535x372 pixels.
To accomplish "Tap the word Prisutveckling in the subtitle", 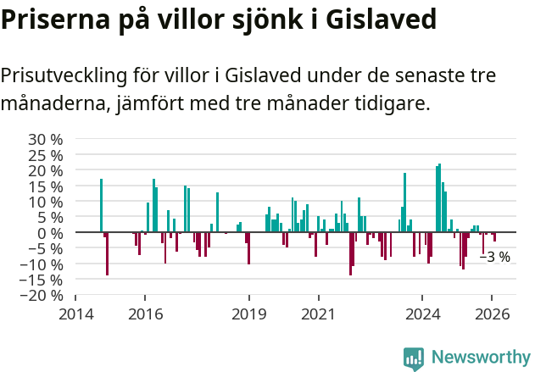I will point(63,76).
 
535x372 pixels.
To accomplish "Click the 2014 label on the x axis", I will point(75,314).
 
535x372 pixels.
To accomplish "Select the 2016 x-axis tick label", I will point(145,314).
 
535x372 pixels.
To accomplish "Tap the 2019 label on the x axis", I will point(249,314).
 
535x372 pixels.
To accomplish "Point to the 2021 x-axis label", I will point(319,314).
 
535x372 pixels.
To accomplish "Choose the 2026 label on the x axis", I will point(493,314).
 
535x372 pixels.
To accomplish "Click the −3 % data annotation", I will point(495,257).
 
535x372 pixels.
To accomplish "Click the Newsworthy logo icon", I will point(414,358).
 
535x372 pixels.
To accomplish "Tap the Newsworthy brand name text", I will point(480,358).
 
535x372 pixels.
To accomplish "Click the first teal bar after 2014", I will point(101,205).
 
